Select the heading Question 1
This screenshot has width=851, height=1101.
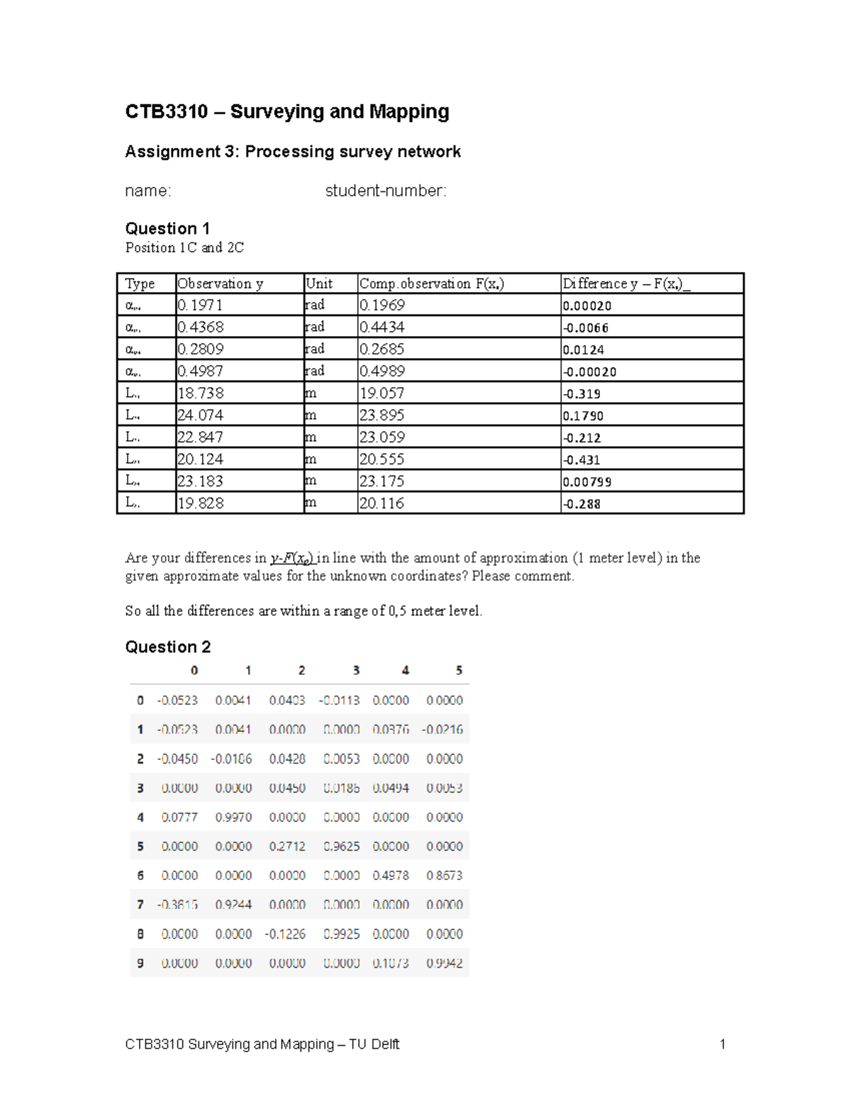tap(167, 228)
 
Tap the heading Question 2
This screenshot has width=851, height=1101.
tap(168, 647)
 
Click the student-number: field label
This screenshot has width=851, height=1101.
tap(386, 191)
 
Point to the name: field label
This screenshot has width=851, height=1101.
tap(148, 191)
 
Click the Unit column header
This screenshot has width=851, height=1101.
tap(319, 284)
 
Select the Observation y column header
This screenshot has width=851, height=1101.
tap(221, 284)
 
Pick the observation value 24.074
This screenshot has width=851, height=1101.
tap(201, 415)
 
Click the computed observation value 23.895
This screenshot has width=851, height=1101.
tap(382, 415)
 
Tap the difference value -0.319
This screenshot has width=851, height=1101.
tap(582, 394)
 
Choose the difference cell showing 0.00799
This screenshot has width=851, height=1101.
tap(587, 482)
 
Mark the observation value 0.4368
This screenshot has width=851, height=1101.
tap(201, 327)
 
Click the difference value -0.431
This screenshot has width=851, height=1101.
tap(582, 460)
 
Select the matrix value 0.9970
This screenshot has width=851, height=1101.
tap(233, 817)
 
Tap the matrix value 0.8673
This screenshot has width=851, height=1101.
tap(444, 876)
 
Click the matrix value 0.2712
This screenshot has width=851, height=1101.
tap(287, 846)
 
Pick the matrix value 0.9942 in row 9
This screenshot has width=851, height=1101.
tap(444, 963)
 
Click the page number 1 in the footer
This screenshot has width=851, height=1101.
tap(722, 1044)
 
